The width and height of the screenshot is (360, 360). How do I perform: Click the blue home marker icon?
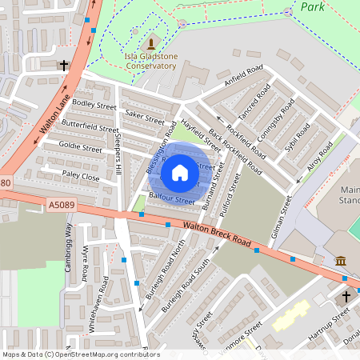179,173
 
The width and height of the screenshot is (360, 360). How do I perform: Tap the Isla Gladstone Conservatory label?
150,61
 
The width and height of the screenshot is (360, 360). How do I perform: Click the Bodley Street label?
94,105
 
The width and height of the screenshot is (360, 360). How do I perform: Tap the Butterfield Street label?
90,127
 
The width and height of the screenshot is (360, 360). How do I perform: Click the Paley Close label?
81,176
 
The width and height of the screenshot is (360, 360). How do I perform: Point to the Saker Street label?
144,117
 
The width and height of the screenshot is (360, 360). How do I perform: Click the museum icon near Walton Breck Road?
340,261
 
